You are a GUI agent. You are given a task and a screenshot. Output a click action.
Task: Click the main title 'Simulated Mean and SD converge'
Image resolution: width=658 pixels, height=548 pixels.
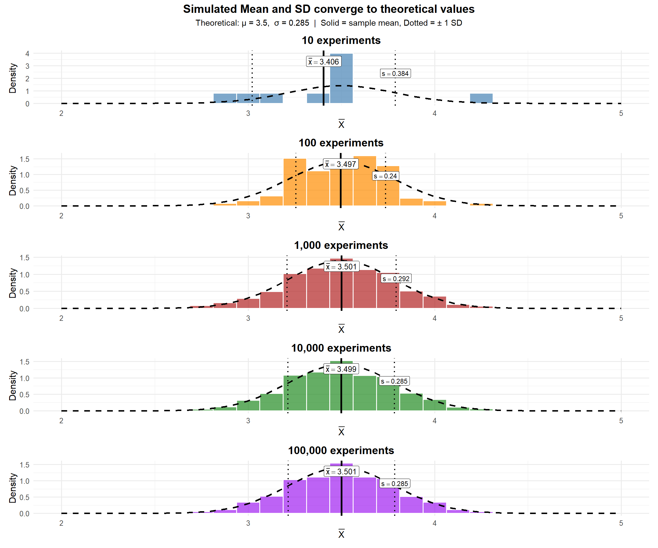329,9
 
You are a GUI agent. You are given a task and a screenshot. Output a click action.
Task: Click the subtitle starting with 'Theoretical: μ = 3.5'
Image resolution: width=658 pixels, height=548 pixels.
329,23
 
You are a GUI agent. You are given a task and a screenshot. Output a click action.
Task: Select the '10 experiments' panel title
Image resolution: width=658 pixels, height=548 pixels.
341,41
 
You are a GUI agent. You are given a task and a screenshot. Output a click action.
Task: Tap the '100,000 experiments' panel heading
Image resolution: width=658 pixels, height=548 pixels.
341,450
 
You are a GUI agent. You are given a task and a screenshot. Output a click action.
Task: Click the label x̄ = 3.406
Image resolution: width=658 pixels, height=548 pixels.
324,62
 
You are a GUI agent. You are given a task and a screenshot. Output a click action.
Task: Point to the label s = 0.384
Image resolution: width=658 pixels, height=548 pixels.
395,74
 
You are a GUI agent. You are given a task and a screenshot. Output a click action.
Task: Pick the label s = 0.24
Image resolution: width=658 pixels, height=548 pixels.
385,176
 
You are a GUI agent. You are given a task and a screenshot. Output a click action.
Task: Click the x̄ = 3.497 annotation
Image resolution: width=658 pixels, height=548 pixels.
341,164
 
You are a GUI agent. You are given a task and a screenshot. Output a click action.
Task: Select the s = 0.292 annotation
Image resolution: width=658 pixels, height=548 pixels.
396,279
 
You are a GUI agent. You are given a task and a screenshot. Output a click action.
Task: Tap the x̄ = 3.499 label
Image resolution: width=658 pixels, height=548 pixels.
341,369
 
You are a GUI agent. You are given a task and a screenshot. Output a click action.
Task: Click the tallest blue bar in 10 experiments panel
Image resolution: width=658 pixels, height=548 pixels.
341,78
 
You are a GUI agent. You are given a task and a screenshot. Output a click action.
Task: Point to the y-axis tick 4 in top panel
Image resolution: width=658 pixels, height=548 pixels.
28,54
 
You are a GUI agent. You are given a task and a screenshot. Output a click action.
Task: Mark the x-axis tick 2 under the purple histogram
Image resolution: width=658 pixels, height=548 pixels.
61,523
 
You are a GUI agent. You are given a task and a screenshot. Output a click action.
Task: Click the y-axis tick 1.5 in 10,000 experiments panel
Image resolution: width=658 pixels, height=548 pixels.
25,362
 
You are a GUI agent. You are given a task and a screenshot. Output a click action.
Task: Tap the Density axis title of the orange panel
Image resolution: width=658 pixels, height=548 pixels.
13,181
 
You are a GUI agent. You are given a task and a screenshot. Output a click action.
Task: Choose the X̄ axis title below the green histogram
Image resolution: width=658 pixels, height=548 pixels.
341,432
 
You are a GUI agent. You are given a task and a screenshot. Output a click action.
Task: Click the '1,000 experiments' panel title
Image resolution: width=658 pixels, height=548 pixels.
341,245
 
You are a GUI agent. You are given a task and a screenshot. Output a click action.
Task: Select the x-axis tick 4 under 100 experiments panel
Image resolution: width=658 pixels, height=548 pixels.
435,216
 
